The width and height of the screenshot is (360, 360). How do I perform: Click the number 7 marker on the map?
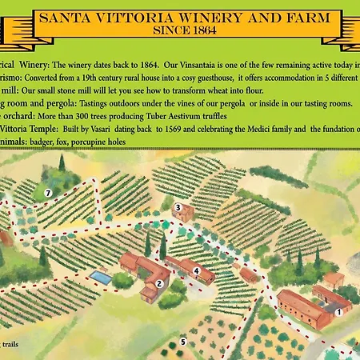(49, 193)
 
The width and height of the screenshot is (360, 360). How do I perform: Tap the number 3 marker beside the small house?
(178, 207)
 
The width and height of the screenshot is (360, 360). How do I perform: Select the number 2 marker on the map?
(159, 284)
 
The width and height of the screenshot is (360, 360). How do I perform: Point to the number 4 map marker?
(196, 271)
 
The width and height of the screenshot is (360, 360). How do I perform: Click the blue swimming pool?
(101, 276)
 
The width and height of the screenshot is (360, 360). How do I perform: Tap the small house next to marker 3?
(186, 214)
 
